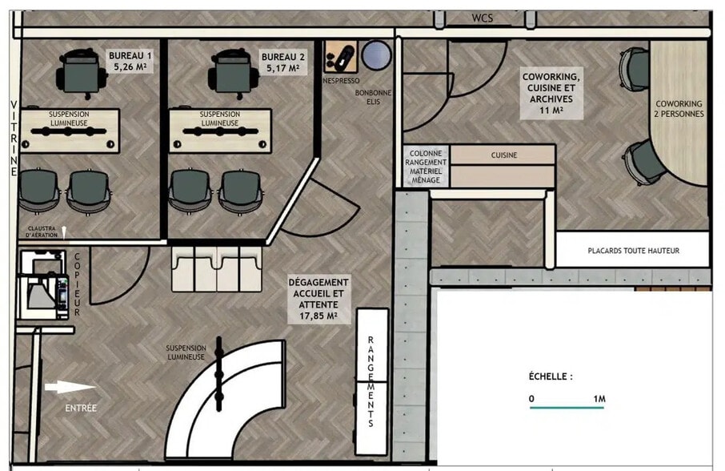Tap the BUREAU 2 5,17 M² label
(282, 63)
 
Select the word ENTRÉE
(80, 409)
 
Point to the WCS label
(482, 18)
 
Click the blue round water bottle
(375, 56)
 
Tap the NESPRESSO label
(341, 81)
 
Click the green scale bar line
(567, 408)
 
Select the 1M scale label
(599, 398)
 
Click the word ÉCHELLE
(551, 376)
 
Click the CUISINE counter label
(503, 155)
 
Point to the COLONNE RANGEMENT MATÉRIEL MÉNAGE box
(427, 167)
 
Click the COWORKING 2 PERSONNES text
(679, 109)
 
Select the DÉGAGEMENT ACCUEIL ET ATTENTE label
(318, 299)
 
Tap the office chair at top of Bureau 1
(81, 70)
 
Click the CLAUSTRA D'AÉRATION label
(42, 231)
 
